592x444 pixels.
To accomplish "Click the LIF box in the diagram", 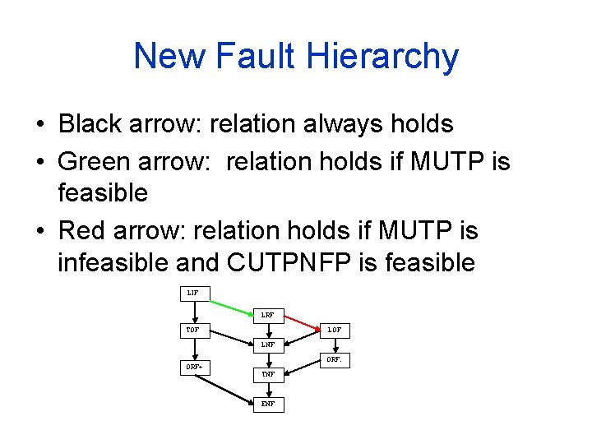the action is [x=193, y=293].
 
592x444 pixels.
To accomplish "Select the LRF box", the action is [x=268, y=314].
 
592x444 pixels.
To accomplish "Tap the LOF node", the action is [x=335, y=331].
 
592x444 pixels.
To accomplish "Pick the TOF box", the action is [x=193, y=331].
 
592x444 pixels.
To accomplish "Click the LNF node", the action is [x=268, y=345].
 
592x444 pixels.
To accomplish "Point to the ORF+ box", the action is [x=194, y=367].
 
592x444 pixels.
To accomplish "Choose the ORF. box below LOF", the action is [x=335, y=359].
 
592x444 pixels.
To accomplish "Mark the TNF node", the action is [x=268, y=374].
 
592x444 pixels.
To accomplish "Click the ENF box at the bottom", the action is [x=268, y=404].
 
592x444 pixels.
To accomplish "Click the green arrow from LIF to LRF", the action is [x=231, y=303].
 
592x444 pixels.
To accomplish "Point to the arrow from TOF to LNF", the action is [x=231, y=338].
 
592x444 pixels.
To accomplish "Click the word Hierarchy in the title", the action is [x=382, y=57].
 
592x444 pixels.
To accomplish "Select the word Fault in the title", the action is [x=256, y=57].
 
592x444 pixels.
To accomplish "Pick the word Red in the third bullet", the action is [x=81, y=230].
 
